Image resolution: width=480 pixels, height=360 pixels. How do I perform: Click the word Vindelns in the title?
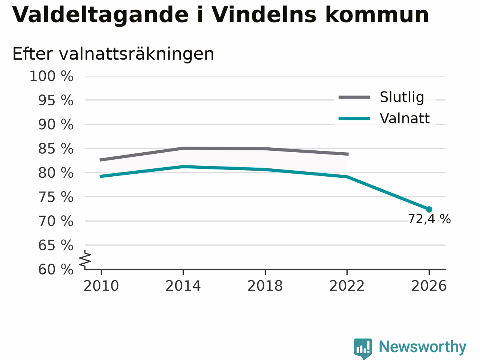click(x=264, y=15)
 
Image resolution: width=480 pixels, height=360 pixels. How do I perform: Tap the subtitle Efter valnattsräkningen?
click(x=113, y=54)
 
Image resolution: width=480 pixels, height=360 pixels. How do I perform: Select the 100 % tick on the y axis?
click(x=51, y=76)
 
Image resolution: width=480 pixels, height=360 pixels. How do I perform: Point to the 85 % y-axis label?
click(x=56, y=149)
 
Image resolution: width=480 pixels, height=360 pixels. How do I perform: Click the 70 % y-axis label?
click(x=56, y=221)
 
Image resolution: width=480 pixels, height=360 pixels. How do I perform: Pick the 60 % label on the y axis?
click(x=56, y=269)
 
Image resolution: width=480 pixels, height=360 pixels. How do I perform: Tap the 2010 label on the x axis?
click(x=101, y=286)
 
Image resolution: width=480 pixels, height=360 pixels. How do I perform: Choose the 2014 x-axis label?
click(x=183, y=286)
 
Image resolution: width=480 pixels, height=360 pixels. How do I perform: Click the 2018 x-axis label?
click(x=265, y=286)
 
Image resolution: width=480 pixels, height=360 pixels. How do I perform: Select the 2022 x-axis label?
click(x=347, y=286)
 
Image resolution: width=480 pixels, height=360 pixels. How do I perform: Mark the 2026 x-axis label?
click(x=429, y=286)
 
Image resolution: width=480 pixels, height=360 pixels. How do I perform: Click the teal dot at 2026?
click(x=429, y=209)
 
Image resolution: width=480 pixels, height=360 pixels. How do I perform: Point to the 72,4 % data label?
click(x=429, y=219)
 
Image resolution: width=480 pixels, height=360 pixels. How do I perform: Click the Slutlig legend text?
click(x=402, y=97)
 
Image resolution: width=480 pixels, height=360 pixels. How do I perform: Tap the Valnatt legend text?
click(x=405, y=118)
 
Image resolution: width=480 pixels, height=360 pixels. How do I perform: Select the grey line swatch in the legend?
click(x=354, y=97)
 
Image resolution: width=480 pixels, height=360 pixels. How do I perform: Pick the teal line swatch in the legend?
click(x=354, y=119)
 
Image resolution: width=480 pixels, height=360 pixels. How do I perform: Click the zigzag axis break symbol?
click(x=85, y=259)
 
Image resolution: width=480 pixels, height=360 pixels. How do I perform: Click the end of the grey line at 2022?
click(x=348, y=154)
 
